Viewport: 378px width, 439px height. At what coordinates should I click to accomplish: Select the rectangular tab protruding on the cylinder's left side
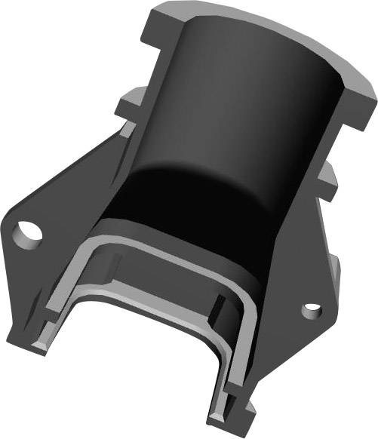click(x=130, y=100)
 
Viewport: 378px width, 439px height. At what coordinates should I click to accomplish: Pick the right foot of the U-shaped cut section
click(x=226, y=411)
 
